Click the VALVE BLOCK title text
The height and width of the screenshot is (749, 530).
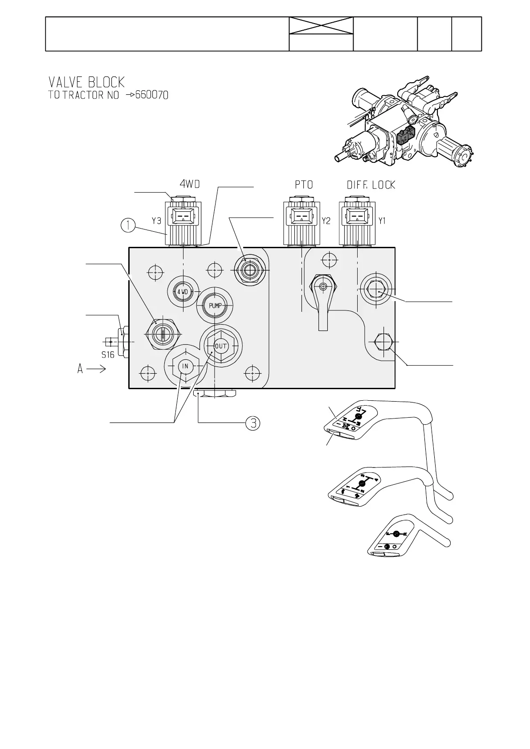click(x=86, y=82)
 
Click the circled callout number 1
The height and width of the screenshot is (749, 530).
click(x=128, y=226)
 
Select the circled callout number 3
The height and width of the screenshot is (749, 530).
click(x=253, y=423)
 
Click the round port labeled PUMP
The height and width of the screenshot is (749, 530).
click(x=215, y=306)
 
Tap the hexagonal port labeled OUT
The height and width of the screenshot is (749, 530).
click(x=221, y=346)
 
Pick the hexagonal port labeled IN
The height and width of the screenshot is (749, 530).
click(x=185, y=366)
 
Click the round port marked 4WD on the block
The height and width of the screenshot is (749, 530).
click(x=182, y=292)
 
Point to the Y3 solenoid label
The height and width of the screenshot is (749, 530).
click(x=156, y=221)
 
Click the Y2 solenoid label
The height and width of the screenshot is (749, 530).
click(x=326, y=221)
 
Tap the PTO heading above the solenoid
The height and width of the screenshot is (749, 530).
click(x=304, y=185)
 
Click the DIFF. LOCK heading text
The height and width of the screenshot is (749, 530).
click(x=371, y=185)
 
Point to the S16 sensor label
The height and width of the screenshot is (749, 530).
click(x=108, y=354)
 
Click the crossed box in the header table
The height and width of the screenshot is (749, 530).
click(x=321, y=25)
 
